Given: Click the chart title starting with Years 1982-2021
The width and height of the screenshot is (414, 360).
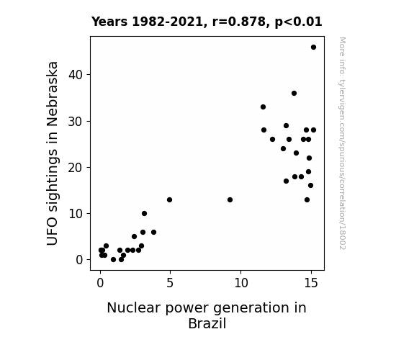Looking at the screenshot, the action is (207, 22).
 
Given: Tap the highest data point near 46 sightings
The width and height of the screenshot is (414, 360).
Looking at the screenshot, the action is (313, 48).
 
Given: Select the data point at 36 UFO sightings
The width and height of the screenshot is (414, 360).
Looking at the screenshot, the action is (294, 93).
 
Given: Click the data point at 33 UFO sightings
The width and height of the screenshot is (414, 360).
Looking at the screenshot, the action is (263, 107).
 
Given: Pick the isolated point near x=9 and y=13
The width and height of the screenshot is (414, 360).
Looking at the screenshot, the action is (230, 199).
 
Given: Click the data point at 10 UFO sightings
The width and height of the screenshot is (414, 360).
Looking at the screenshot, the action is (144, 213).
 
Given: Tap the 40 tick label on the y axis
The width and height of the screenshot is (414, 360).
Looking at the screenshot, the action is (76, 75).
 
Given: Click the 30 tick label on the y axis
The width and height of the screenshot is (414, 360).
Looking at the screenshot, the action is (76, 122).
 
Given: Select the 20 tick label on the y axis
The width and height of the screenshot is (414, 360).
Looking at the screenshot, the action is (76, 168).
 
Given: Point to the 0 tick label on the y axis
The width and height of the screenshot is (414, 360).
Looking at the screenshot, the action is (79, 260).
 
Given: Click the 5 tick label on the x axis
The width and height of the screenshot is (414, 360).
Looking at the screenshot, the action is (170, 283).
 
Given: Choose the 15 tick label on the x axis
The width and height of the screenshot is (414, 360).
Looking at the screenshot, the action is (311, 283).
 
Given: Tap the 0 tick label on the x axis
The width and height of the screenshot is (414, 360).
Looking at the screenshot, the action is (100, 283).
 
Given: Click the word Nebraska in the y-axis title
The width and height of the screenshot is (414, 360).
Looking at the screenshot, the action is (52, 94).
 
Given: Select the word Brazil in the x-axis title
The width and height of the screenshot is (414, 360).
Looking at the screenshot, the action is (207, 323).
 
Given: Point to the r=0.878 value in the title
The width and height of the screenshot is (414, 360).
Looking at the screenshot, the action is (239, 22).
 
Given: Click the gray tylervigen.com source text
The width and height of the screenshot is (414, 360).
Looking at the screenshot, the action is (342, 143).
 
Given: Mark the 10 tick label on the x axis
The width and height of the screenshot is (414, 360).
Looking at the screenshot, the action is (241, 283).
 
